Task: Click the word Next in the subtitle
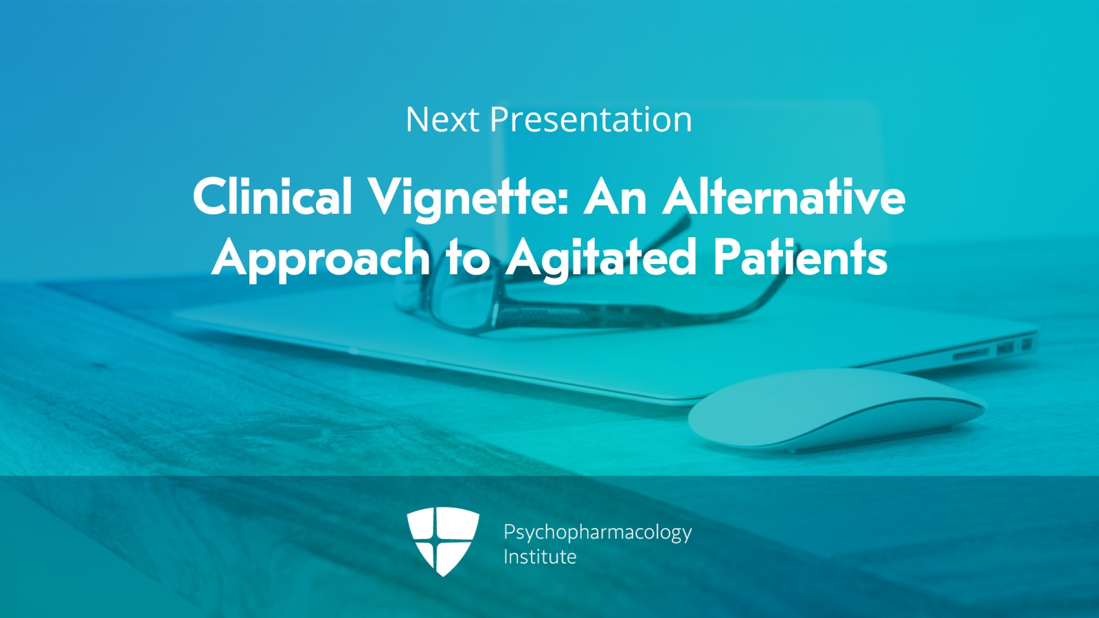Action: pos(442,120)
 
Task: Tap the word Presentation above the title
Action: pos(591,120)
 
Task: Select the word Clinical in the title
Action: pos(273,197)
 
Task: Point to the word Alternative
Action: pos(784,197)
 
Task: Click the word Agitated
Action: pos(601,258)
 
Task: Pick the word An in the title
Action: pos(615,197)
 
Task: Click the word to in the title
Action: pos(468,258)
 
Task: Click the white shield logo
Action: pos(443,542)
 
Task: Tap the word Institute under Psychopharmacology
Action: pos(540,557)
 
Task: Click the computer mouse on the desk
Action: pos(837,410)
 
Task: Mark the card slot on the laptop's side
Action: pos(971,353)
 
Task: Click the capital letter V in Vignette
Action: pos(387,197)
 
